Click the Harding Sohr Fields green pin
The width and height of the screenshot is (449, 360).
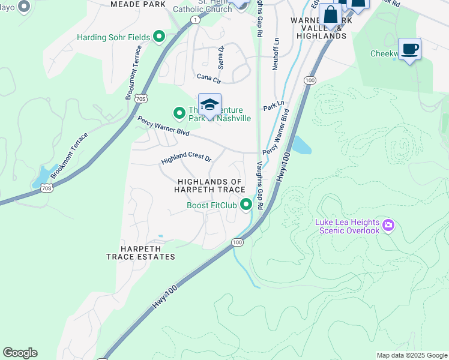pos(159,38)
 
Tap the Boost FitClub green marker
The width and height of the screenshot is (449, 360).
pos(246,205)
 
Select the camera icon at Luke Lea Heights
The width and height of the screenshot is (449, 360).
pos(388,226)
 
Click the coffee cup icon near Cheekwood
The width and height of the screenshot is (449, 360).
pos(409,49)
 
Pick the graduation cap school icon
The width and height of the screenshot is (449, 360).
pos(209,105)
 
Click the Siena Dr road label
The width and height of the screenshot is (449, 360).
pos(221,56)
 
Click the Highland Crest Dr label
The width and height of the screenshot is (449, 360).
pos(186,160)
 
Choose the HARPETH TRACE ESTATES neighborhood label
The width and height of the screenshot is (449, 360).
pos(140,252)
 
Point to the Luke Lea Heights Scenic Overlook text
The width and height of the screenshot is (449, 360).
pos(348,226)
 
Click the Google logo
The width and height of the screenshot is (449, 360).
pos(20,353)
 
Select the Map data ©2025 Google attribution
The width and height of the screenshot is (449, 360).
pos(411,355)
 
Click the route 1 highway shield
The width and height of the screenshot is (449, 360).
pos(195,20)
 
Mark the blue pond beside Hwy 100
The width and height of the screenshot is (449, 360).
pos(301,145)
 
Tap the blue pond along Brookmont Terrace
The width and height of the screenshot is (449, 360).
pos(42,177)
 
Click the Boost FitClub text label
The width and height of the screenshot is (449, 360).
pos(212,206)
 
